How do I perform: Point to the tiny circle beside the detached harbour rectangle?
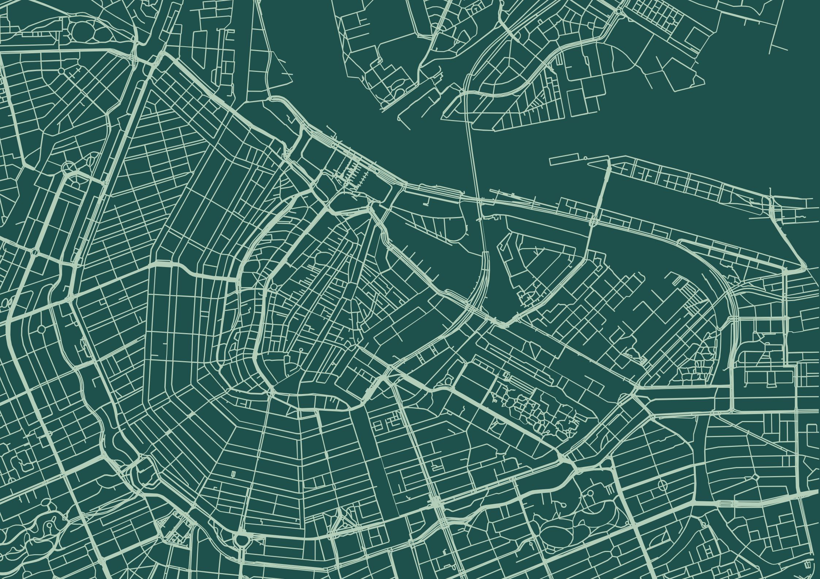click(586, 158)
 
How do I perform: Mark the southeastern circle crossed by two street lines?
click(662, 485)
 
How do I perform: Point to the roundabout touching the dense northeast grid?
click(619, 11)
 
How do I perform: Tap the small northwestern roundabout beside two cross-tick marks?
click(61, 70)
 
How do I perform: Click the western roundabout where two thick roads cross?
click(70, 299)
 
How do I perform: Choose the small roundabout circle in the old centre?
click(273, 287)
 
